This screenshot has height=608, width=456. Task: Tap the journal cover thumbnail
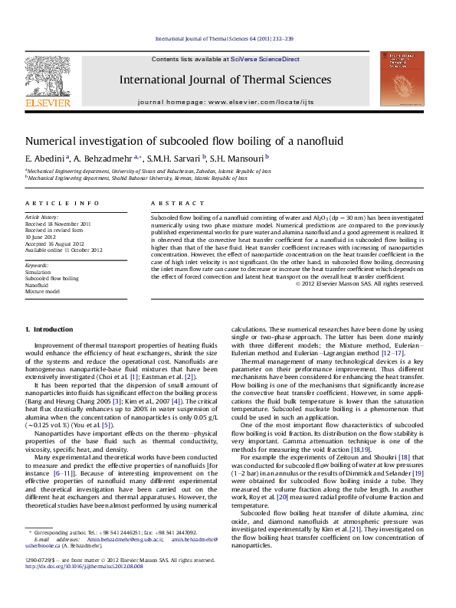click(x=402, y=79)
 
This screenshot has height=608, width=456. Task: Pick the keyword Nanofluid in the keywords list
click(x=38, y=285)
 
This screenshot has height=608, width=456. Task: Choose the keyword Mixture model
click(x=42, y=292)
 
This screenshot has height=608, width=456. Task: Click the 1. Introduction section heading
click(x=49, y=329)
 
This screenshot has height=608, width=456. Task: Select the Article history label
click(x=42, y=217)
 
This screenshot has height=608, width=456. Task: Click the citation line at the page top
click(x=225, y=38)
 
